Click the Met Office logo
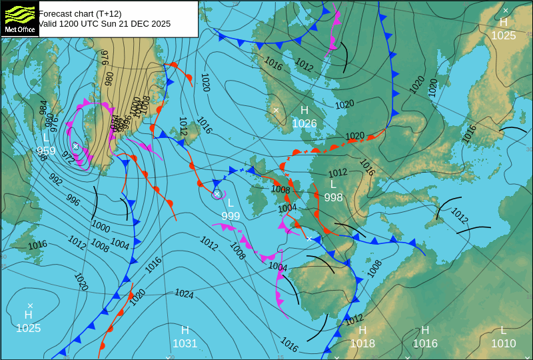click(19, 19)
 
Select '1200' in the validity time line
click(70, 24)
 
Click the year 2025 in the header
click(160, 24)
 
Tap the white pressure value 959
click(46, 151)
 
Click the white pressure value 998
click(333, 198)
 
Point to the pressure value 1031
click(185, 344)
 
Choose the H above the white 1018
click(362, 331)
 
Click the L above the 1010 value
click(503, 331)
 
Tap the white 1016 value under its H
click(425, 344)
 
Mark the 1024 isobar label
click(184, 293)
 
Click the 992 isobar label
click(56, 180)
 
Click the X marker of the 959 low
click(76, 146)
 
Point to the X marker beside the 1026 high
click(276, 110)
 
